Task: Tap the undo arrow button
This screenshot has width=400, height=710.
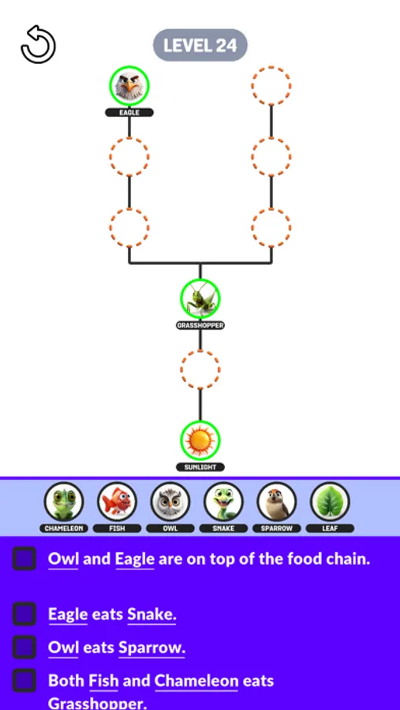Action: click(38, 44)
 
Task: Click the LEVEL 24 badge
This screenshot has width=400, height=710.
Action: click(200, 46)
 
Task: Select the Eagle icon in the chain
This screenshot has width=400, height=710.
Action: click(129, 85)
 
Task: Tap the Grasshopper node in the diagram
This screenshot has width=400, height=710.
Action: click(200, 298)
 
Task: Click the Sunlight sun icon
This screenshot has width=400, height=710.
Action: click(200, 440)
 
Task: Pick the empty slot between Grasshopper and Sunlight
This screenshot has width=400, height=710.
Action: click(200, 369)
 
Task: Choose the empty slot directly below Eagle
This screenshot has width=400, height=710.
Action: click(129, 156)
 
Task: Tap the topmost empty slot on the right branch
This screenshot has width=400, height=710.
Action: click(271, 85)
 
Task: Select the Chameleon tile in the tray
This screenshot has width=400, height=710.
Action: click(64, 502)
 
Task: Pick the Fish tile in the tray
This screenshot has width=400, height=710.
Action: click(118, 502)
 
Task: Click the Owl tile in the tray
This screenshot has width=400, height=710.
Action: click(170, 502)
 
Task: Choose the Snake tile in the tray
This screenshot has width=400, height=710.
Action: click(224, 502)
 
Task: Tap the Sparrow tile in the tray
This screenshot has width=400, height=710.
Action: click(277, 502)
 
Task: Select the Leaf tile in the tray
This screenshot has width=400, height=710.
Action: click(331, 502)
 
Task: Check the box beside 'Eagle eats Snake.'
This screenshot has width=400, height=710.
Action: click(24, 614)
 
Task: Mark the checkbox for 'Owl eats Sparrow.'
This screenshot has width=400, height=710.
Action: click(24, 647)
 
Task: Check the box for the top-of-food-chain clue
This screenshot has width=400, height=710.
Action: click(24, 559)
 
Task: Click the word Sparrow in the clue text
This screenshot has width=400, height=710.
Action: click(151, 648)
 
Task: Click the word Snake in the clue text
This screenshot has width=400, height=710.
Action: click(151, 614)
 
